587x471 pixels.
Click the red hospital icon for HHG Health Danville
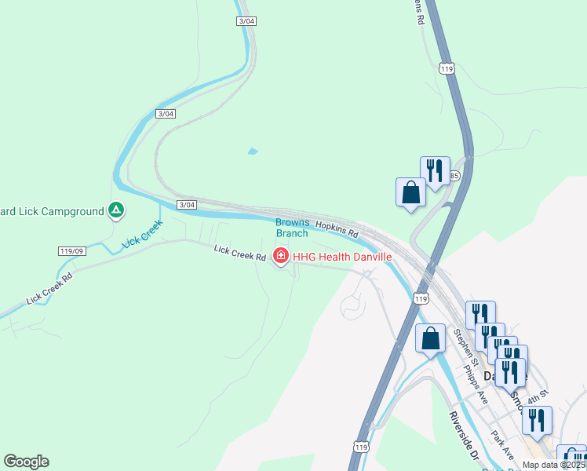click(280, 256)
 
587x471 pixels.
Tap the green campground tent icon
click(115, 210)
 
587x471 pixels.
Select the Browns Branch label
click(292, 228)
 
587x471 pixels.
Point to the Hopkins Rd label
click(337, 229)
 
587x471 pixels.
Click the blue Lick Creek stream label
click(142, 235)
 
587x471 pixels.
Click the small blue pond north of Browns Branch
click(252, 151)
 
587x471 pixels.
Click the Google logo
click(26, 462)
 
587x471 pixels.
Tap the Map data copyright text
click(553, 465)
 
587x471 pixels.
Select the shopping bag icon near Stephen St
click(430, 339)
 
